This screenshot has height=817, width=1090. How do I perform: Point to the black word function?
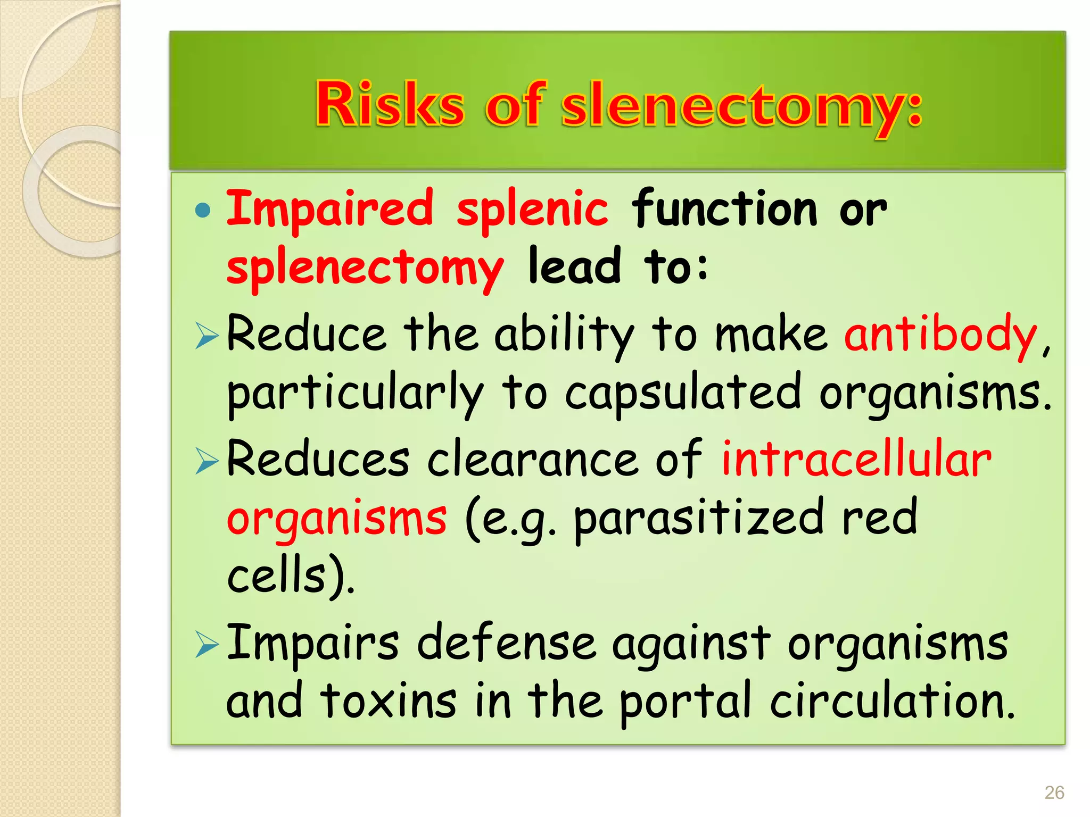[724, 209]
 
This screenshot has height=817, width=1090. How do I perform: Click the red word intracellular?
[856, 458]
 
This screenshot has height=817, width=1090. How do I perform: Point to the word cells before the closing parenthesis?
[276, 576]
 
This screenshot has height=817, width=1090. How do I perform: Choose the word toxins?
[388, 702]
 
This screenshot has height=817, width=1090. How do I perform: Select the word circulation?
[892, 702]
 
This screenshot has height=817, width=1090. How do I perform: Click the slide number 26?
[1054, 793]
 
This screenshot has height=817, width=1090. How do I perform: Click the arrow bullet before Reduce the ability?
[207, 336]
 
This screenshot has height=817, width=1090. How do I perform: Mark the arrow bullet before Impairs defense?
[207, 645]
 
